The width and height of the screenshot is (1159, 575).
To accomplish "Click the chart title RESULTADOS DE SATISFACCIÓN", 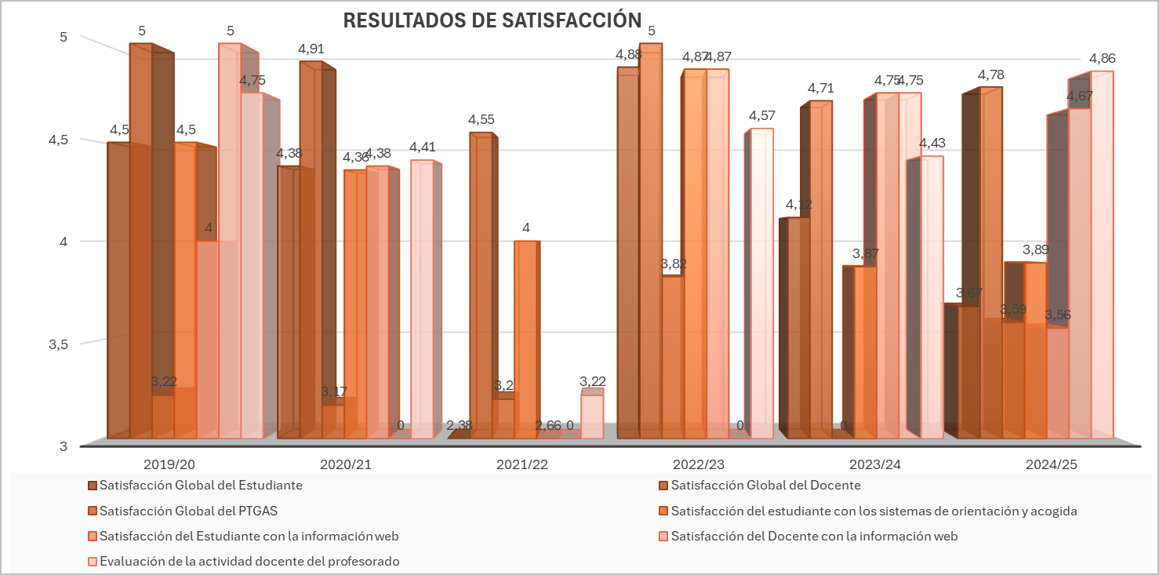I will (x=492, y=20).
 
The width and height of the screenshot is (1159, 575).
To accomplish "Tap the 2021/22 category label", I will (x=521, y=464).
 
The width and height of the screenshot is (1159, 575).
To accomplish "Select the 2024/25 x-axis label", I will (x=1051, y=464).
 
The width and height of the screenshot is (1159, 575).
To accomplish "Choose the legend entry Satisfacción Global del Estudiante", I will (x=201, y=486).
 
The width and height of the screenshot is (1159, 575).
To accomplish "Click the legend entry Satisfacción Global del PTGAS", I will (x=188, y=511).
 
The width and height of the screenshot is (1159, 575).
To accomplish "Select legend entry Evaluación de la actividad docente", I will (x=249, y=562).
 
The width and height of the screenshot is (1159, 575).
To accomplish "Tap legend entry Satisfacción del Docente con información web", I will (x=814, y=537).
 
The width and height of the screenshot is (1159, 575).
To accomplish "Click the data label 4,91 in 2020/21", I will (x=311, y=49).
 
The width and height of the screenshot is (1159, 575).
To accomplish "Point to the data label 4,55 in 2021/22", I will (x=481, y=120).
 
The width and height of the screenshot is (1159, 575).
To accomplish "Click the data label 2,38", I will (x=459, y=425).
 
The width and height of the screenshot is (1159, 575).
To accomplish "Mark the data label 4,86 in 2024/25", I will (x=1102, y=58).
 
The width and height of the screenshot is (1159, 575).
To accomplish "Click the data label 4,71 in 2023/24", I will (x=821, y=88).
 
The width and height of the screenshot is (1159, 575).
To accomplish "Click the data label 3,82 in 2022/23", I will (x=673, y=264).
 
